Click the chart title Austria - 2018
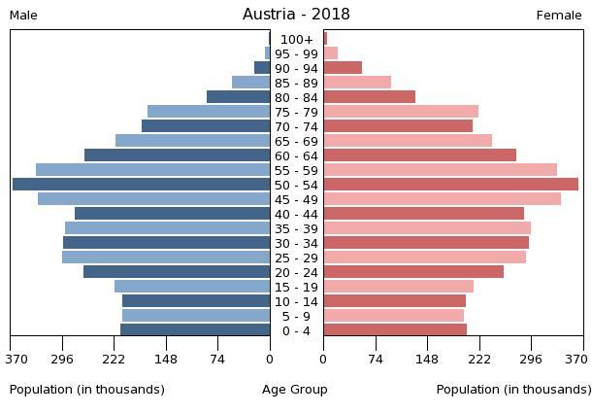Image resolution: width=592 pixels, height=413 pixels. [296, 15]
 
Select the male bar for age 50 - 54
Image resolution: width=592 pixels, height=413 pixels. [141, 185]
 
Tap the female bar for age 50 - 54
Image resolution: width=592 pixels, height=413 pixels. [450, 185]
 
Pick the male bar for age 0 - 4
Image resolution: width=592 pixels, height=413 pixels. [195, 330]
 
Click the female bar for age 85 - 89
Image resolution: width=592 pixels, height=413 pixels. [357, 83]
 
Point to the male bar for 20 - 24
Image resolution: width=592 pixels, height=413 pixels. [177, 272]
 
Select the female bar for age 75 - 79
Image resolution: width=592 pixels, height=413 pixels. [401, 112]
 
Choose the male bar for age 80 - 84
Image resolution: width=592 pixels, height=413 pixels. [238, 97]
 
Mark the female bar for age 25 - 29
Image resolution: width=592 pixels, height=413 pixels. [424, 258]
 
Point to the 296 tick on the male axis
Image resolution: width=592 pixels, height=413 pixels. [63, 359]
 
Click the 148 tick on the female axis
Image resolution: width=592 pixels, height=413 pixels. [427, 359]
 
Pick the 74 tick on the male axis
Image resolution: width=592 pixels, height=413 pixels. [218, 359]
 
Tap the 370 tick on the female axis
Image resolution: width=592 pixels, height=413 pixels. [574, 359]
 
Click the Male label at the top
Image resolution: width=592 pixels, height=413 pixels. [23, 16]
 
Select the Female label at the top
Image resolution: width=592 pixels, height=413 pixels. [559, 16]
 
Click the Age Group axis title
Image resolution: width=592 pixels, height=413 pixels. [295, 390]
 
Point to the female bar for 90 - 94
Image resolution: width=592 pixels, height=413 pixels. [343, 68]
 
